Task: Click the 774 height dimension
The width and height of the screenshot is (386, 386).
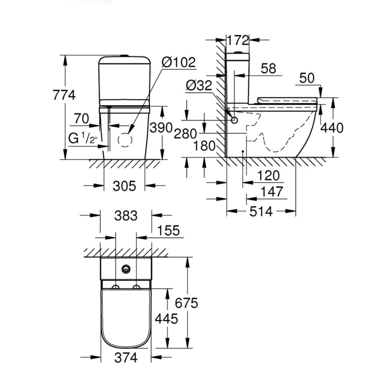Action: tap(65, 95)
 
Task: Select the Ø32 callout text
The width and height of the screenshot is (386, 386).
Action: tap(199, 86)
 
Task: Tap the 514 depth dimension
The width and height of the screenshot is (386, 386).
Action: tap(261, 211)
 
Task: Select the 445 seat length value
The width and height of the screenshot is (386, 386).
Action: tap(167, 318)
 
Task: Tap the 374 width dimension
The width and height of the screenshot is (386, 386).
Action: tap(126, 358)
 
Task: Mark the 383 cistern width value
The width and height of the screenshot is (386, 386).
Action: tap(126, 216)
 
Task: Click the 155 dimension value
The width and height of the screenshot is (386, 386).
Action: tap(169, 231)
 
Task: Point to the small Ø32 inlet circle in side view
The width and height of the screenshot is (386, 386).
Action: tap(234, 120)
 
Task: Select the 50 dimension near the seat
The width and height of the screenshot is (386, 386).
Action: tap(308, 78)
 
